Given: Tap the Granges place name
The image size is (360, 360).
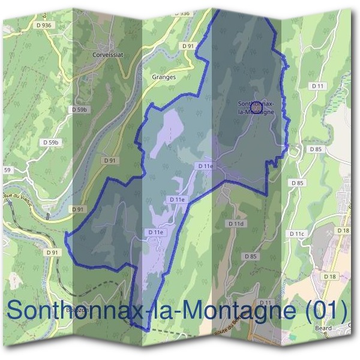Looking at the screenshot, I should [164, 77].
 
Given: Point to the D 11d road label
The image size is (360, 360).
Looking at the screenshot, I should [237, 223].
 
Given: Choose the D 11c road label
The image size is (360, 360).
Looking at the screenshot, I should [297, 233].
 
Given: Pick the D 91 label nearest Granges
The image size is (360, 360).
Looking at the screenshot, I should [188, 46].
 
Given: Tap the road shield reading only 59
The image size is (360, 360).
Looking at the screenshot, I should [7, 170].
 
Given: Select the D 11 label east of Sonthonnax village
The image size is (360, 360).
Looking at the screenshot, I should [318, 87].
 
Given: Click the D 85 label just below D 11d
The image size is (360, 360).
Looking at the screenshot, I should [251, 256].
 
